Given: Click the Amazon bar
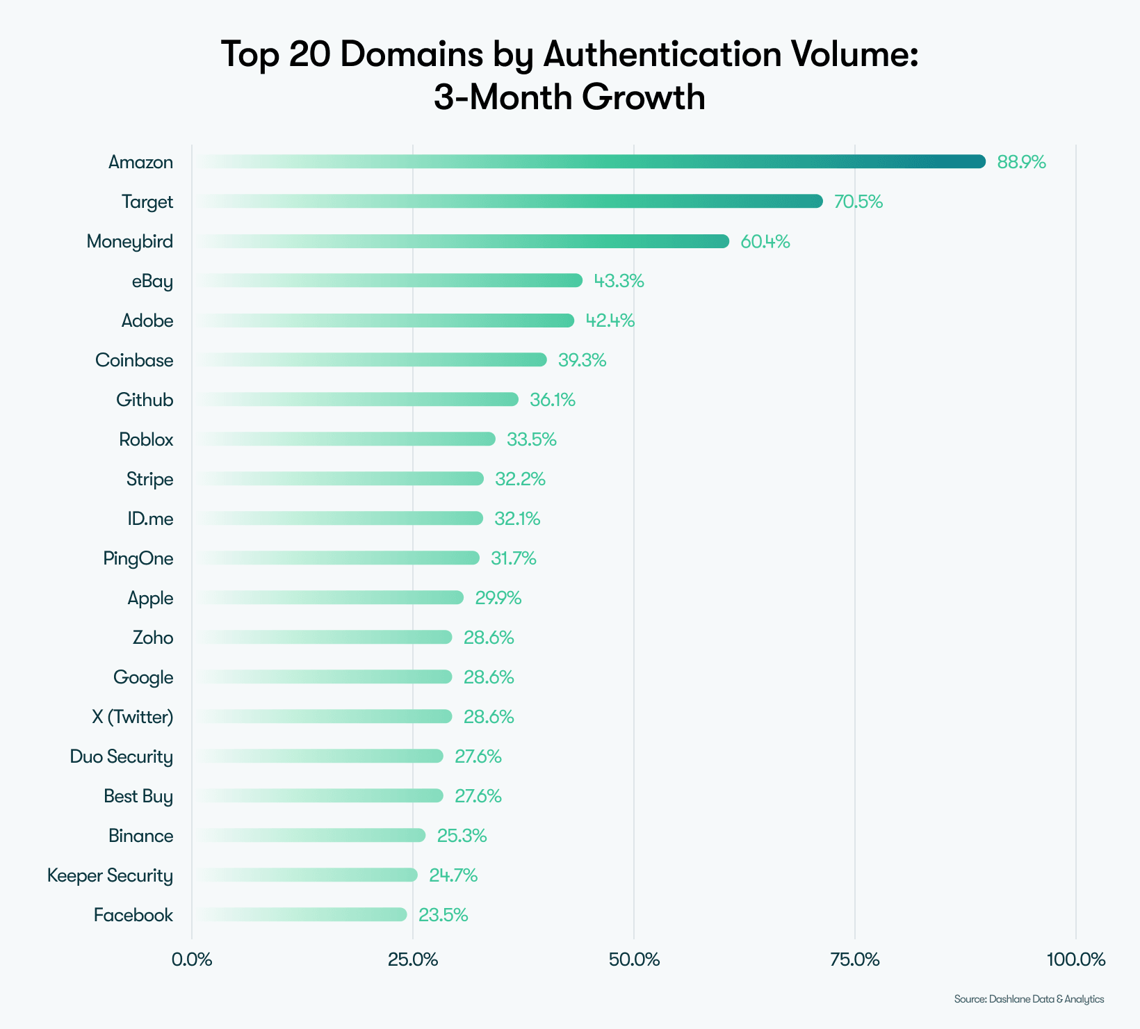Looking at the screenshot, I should [591, 161].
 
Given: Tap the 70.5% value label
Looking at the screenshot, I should [858, 202].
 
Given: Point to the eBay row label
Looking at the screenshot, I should [152, 282].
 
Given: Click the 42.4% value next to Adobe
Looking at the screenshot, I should [610, 321].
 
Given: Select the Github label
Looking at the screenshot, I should [145, 400].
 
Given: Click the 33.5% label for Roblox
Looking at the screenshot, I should [531, 439].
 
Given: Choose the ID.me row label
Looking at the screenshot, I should [150, 519].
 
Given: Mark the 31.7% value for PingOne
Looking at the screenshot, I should [513, 558].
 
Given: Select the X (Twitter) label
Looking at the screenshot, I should [132, 717].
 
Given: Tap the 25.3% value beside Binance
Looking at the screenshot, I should [462, 836].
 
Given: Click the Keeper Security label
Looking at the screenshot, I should [110, 875].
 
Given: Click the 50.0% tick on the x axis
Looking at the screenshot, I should [633, 960].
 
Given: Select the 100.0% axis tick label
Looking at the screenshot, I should [1075, 960].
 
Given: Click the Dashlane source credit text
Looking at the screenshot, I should [1029, 999].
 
